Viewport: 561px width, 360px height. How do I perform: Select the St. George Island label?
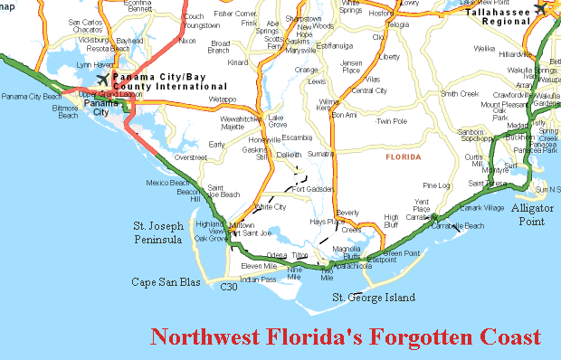coord(374,298)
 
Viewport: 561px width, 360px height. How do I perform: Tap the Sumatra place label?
coord(320,155)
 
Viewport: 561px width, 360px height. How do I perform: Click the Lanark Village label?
coord(481,208)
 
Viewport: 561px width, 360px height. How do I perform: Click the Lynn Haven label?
coord(95,65)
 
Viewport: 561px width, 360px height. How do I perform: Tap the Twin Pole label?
coord(391,121)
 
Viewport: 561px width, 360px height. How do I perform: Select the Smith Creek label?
coord(459,93)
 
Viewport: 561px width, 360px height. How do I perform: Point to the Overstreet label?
coord(190,157)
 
